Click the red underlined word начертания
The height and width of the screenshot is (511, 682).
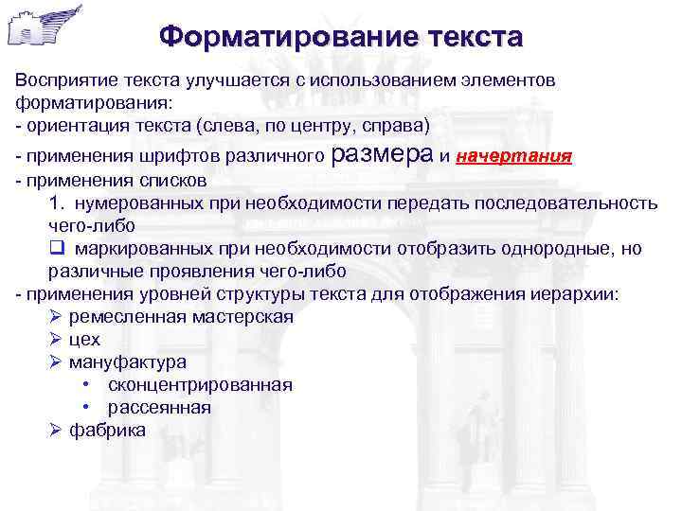[513, 156]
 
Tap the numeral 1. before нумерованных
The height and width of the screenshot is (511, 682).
[55, 203]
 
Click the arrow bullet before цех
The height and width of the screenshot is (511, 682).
[56, 340]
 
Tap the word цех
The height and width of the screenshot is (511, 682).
[84, 340]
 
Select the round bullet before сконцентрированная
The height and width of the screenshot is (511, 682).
[86, 385]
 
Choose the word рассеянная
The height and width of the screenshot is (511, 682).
[159, 408]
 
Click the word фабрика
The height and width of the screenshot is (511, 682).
[108, 431]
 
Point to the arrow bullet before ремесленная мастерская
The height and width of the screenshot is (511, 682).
[56, 317]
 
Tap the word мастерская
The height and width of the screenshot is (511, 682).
[242, 317]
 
